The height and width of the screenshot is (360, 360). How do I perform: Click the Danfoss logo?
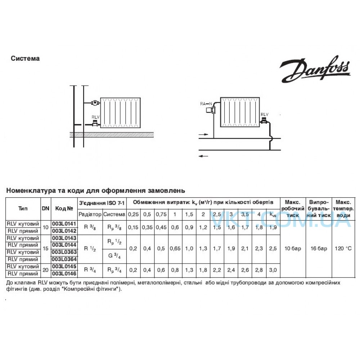pyautogui.click(x=315, y=69)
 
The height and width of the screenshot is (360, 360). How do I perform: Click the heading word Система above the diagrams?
pyautogui.click(x=25, y=59)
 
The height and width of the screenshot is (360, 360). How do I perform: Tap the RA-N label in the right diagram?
pyautogui.click(x=206, y=104)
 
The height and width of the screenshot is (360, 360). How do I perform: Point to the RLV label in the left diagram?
pyautogui.click(x=95, y=117)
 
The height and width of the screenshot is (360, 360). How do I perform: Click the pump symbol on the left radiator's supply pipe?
pyautogui.click(x=94, y=103)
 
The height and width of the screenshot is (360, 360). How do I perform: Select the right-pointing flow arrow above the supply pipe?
pyautogui.click(x=203, y=134)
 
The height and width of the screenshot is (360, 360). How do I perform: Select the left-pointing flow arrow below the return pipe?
pyautogui.click(x=203, y=156)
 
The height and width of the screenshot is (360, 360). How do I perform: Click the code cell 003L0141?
pyautogui.click(x=64, y=224)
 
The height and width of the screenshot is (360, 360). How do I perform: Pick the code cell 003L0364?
pyautogui.click(x=64, y=260)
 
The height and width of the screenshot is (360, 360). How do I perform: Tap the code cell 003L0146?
pyautogui.click(x=64, y=274)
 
